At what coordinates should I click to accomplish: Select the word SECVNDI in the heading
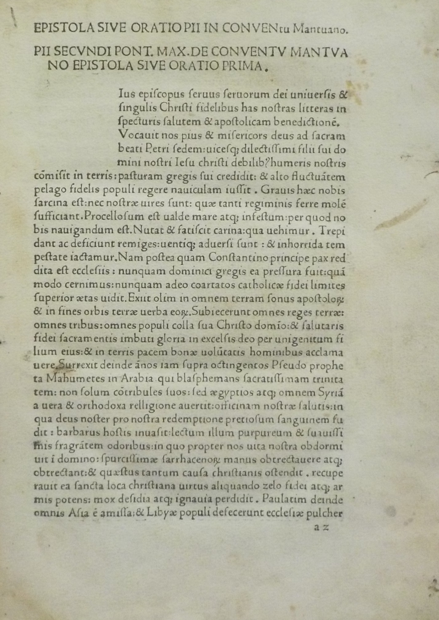click(80, 53)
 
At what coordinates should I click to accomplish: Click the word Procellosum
click(114, 217)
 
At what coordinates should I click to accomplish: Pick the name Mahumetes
click(71, 379)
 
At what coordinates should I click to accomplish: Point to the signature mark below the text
click(321, 527)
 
